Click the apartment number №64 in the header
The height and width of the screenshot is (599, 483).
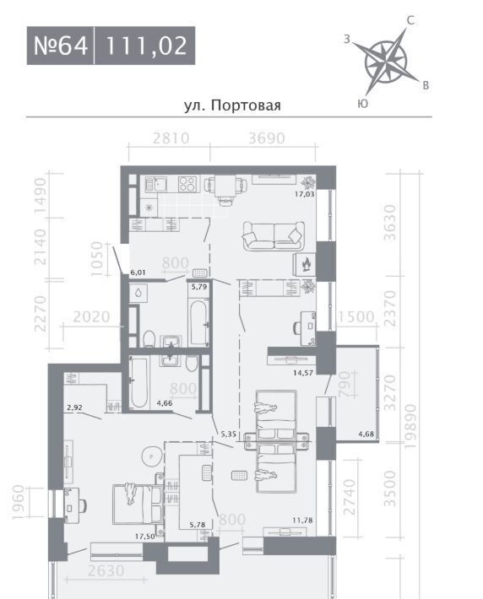pos(61,46)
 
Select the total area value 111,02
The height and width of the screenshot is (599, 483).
pos(146,46)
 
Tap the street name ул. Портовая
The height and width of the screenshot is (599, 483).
pos(232,105)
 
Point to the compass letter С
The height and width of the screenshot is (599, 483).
pos(410,20)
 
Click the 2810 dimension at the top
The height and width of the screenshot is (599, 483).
pos(171,138)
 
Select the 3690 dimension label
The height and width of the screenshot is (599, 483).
pos(267,138)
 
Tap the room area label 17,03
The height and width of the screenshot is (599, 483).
pos(305,194)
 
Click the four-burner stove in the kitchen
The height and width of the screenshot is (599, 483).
pos(189,184)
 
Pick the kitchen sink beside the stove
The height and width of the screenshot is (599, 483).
pos(155,184)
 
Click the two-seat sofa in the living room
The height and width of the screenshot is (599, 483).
pos(274,236)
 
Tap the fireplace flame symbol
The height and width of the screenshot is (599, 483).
pos(306,263)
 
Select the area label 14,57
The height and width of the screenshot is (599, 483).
pos(303,373)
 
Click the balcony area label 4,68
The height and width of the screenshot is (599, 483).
pos(366,434)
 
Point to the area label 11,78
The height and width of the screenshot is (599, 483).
pos(302,521)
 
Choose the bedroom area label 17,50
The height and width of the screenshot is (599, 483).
pos(145,537)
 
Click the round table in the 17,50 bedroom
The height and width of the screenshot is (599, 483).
pos(152,456)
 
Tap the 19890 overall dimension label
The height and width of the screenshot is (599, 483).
pos(410,426)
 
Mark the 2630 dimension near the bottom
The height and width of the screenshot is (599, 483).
pos(106,570)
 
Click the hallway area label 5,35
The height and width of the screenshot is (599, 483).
pos(228,434)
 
